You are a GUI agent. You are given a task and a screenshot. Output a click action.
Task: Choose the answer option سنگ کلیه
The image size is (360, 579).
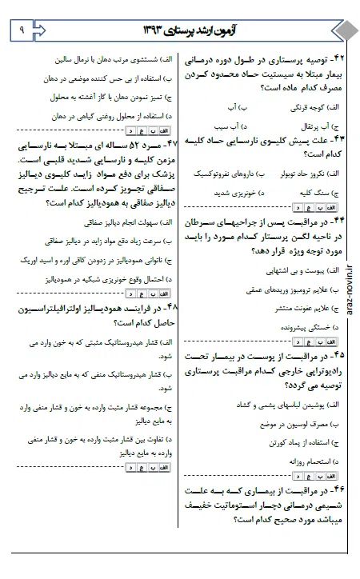click(313, 194)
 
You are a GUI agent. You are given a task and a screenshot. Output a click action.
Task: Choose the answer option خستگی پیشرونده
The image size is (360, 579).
click(299, 328)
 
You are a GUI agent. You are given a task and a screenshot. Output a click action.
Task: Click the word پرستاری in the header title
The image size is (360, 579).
click(183, 30)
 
